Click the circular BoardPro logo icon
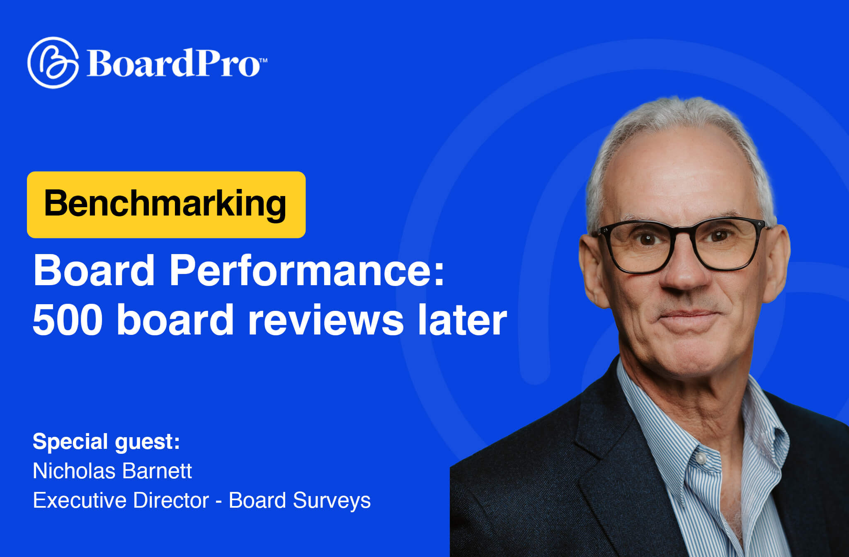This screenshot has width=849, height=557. click(x=53, y=63)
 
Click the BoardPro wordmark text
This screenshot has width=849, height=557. click(x=173, y=63)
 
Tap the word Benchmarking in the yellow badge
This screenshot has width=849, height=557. click(x=165, y=204)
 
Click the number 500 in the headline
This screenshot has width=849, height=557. click(x=68, y=320)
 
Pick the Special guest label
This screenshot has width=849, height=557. click(x=106, y=441)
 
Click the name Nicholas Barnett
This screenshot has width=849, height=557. click(x=112, y=471)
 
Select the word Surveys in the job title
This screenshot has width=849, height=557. click(x=332, y=500)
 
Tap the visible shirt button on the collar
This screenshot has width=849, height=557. click(x=701, y=458)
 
